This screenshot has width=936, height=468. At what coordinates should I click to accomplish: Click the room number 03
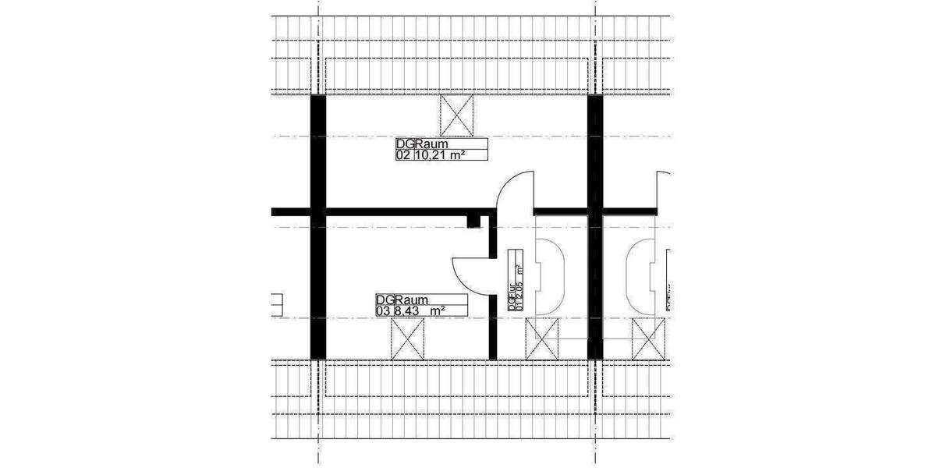[381, 310]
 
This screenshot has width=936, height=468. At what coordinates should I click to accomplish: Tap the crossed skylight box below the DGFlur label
[542, 339]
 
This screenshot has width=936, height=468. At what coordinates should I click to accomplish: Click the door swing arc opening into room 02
[512, 191]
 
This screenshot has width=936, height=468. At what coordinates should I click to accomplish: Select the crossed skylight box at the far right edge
[647, 339]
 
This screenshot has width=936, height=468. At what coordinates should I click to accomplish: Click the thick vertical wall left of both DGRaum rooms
[317, 226]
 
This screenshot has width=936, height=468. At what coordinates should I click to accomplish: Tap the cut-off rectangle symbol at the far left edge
[276, 304]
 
